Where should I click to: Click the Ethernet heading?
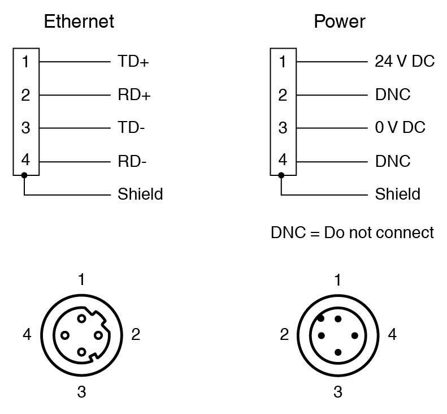(79, 21)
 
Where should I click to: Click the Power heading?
(339, 21)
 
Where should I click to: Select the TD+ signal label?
(133, 61)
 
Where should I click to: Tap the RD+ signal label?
(134, 94)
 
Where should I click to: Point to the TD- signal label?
(131, 128)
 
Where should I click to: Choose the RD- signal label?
(132, 161)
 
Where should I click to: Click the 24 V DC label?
(405, 61)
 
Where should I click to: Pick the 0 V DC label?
(400, 127)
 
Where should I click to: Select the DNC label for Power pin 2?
(393, 94)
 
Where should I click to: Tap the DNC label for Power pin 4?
(393, 161)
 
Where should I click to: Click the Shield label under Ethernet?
(140, 194)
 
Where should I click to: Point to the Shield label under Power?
(398, 194)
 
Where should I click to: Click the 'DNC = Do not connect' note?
(353, 232)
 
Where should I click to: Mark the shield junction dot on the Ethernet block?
(24, 175)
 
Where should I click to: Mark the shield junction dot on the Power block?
(281, 175)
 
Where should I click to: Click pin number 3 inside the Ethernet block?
(25, 128)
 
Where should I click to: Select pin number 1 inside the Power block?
(283, 62)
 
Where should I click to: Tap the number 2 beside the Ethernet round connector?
(136, 334)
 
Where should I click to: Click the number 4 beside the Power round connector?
(392, 334)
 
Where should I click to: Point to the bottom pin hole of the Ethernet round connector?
(81, 352)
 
